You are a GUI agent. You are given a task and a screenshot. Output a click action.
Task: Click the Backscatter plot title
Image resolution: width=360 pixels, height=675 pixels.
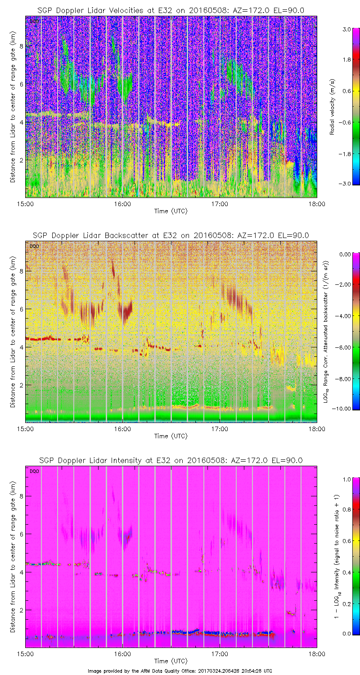[171, 235]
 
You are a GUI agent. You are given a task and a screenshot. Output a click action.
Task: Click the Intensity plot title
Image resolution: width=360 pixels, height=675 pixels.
[171, 460]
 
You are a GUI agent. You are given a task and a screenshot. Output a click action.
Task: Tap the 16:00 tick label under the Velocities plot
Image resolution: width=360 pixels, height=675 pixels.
[122, 204]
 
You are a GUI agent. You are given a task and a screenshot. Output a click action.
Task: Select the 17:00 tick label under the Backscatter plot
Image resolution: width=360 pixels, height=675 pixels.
[220, 429]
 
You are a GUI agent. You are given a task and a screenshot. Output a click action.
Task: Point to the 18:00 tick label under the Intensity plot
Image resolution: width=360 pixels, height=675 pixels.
[316, 654]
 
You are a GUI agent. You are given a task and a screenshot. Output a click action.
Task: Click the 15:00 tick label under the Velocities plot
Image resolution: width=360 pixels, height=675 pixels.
[25, 204]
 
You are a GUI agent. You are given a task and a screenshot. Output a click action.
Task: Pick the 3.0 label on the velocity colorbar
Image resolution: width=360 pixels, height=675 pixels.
[346, 30]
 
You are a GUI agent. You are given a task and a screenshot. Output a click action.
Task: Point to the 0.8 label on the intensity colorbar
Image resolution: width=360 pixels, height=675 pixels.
[346, 509]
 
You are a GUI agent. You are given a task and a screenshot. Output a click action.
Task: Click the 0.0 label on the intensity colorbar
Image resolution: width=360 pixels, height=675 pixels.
[346, 633]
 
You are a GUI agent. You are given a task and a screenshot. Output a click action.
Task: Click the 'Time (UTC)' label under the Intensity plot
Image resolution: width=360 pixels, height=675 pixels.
[171, 661]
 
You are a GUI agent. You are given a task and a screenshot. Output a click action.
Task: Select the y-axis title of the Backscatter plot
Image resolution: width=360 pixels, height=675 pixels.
[13, 332]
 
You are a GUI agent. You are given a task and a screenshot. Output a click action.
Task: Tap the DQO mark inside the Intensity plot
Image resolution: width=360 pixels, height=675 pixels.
[34, 471]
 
